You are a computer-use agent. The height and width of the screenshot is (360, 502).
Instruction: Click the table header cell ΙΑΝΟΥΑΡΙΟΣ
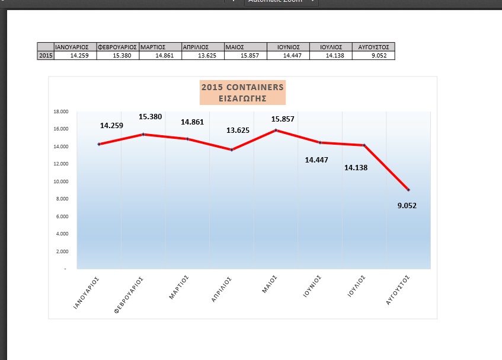(x=71, y=46)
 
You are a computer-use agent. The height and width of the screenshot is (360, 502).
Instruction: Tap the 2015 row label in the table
(x=45, y=56)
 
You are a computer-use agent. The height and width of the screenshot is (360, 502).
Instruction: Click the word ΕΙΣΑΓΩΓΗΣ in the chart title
(x=242, y=98)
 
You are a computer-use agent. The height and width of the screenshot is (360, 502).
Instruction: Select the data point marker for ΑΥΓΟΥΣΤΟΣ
(x=408, y=190)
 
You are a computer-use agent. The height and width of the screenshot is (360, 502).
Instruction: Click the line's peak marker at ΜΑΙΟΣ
(x=276, y=130)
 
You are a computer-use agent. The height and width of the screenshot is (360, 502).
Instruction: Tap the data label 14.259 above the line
(x=112, y=125)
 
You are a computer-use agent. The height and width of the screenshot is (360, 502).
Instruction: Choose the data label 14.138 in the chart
(x=356, y=167)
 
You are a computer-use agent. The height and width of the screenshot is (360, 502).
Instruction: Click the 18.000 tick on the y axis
(x=61, y=111)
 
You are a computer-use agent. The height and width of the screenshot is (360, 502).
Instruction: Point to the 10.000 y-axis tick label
(x=61, y=181)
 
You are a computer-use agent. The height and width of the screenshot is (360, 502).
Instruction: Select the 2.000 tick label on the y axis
(x=62, y=251)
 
